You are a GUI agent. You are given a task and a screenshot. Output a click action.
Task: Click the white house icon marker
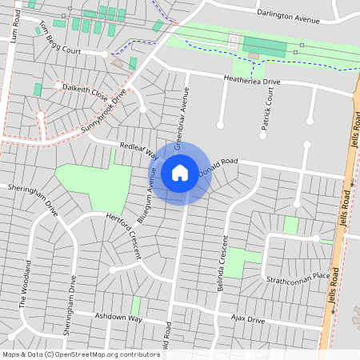[180, 172]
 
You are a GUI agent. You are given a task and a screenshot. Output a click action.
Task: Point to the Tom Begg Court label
[60, 41]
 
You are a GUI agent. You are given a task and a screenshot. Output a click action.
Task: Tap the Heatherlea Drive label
[251, 82]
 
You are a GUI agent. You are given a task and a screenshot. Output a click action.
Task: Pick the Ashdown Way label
[118, 318]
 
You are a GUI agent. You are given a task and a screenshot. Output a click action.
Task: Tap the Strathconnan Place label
[298, 276]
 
